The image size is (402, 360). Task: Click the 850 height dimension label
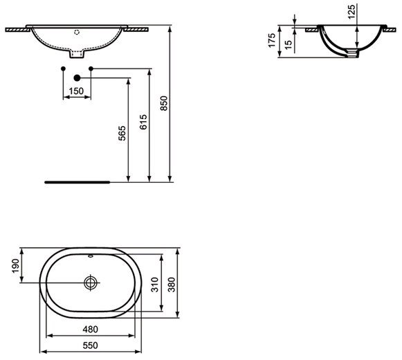tap(163, 103)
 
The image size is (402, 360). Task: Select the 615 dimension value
tap(144, 122)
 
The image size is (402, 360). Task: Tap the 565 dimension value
tap(122, 133)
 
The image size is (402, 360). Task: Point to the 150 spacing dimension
tap(76, 91)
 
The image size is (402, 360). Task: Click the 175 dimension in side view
tap(272, 40)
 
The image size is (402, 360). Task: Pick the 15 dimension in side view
tap(289, 44)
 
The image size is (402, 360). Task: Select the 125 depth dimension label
tap(351, 12)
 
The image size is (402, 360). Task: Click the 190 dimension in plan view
tap(15, 266)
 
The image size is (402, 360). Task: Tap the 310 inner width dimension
tap(155, 285)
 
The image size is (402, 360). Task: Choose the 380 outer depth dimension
tap(172, 285)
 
